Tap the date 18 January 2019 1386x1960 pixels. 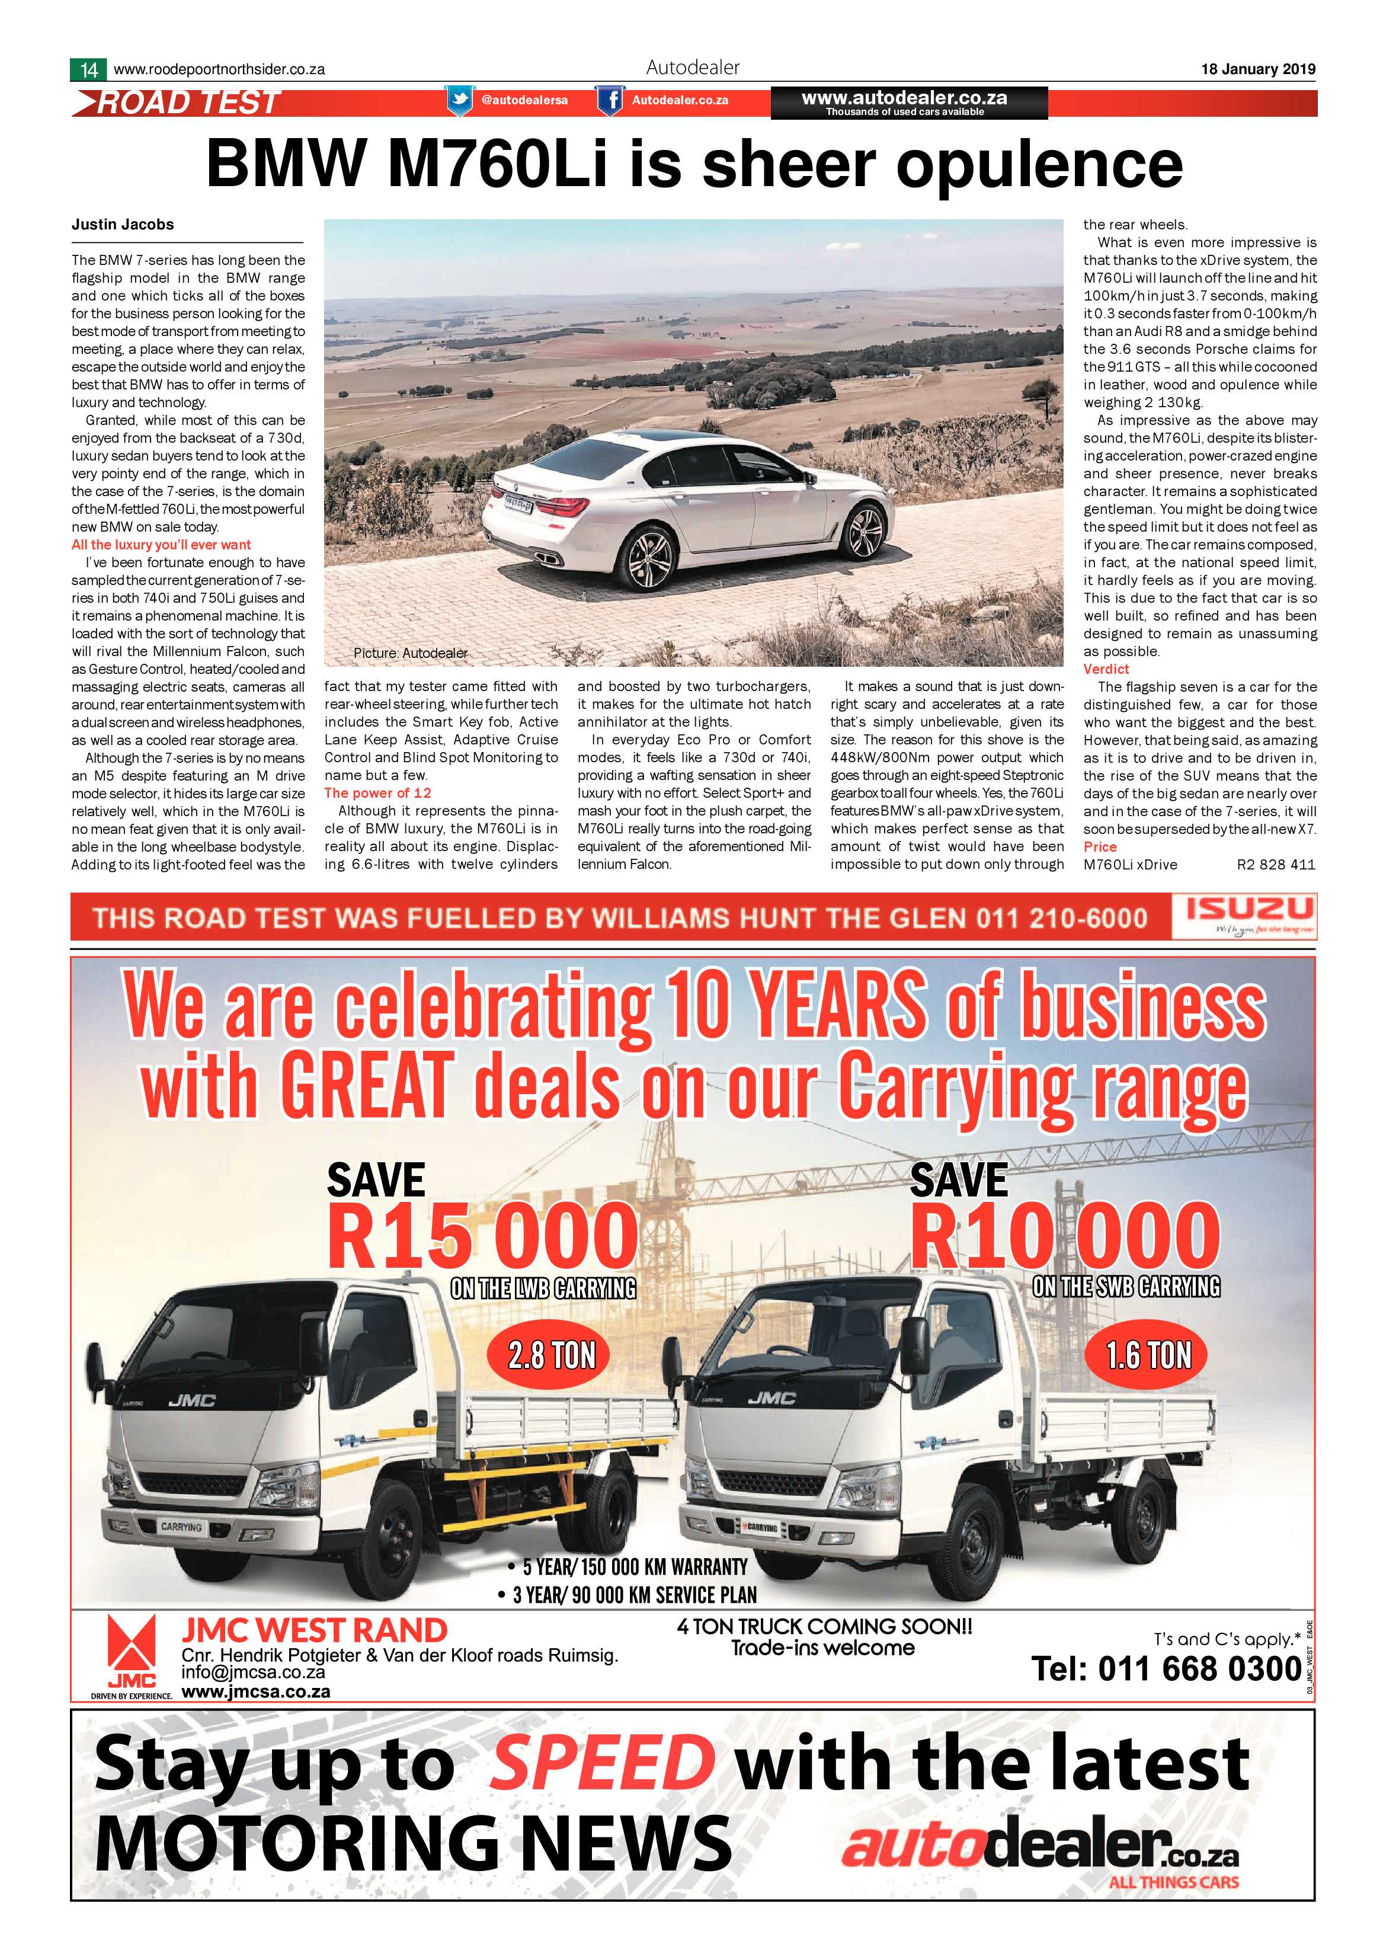(1258, 70)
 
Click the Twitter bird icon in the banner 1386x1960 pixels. (460, 100)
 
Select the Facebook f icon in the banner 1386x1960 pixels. (609, 101)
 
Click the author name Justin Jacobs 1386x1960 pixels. (123, 225)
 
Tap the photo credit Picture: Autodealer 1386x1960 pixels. (411, 653)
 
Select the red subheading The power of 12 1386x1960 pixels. (377, 793)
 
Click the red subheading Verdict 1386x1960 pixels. (1106, 669)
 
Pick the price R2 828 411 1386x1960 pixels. (1276, 865)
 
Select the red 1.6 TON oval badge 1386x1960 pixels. (1148, 1355)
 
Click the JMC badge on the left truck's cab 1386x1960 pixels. (192, 1400)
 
